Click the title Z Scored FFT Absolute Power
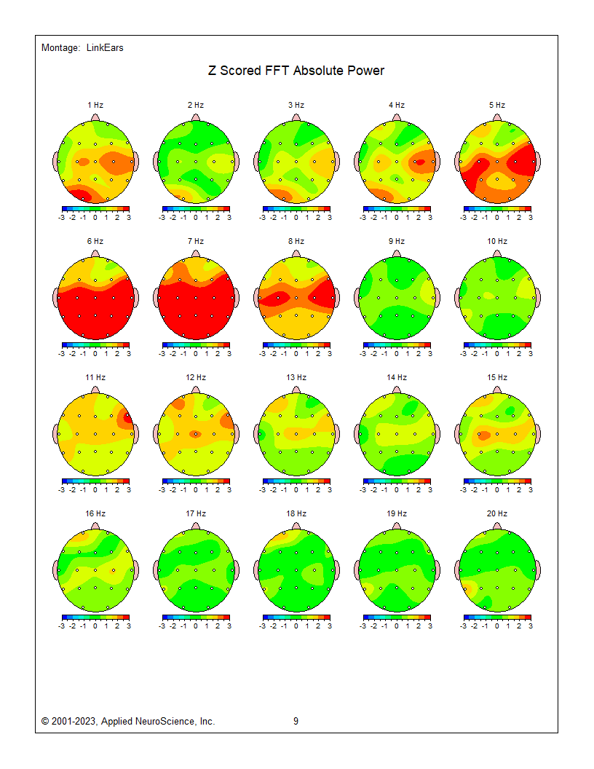[296, 71]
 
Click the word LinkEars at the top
[105, 48]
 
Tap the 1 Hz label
[95, 105]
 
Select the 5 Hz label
[497, 105]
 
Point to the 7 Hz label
[196, 241]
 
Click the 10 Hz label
[497, 241]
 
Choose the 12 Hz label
[196, 377]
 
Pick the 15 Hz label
[497, 377]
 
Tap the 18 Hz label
[296, 513]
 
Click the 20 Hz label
[497, 513]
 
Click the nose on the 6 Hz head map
[95, 252]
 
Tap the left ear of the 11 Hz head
[55, 434]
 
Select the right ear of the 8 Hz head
[337, 298]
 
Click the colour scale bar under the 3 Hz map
[296, 208]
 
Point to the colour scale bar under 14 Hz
[397, 481]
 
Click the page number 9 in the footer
[296, 722]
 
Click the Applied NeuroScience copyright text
[128, 722]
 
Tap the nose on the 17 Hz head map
[196, 524]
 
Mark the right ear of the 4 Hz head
[437, 162]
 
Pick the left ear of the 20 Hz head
[457, 570]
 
